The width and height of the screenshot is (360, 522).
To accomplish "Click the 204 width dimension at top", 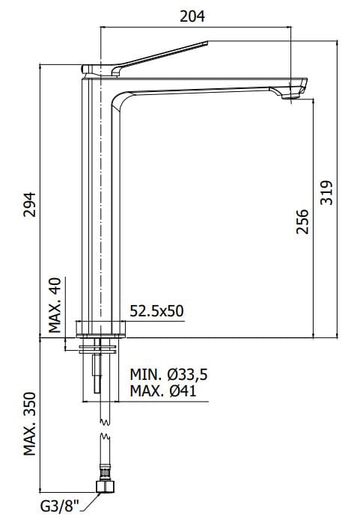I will coord(193,15).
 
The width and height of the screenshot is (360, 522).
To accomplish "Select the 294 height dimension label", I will coord(29,203).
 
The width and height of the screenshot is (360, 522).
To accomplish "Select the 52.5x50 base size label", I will coord(156,311).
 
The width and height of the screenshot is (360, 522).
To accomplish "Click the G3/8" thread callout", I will coord(59,507).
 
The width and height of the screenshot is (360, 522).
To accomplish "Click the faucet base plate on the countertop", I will coord(100,327).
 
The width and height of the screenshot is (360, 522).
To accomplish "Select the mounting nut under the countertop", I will coord(99,346).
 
